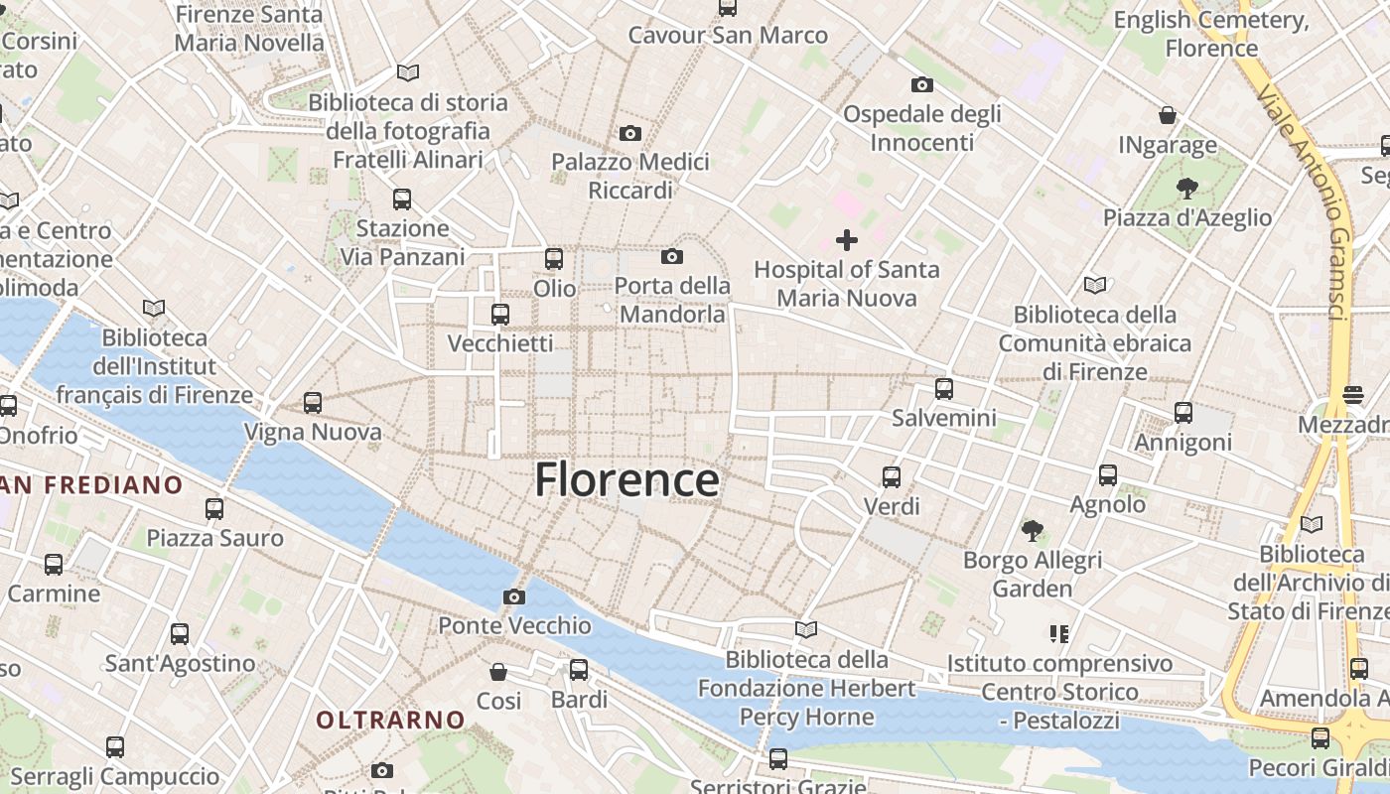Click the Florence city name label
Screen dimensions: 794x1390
626,480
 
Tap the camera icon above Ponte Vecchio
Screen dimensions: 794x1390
514,596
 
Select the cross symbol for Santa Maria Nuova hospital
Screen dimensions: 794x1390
847,239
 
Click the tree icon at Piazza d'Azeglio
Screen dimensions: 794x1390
1186,188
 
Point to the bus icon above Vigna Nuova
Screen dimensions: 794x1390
313,403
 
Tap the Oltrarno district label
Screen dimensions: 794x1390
390,720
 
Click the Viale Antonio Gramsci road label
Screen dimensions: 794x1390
1302,198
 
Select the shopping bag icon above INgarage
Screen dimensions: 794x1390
1168,115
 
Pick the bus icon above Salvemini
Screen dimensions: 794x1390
943,388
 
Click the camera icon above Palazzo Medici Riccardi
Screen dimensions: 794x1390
629,133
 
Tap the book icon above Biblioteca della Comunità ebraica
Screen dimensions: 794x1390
1094,286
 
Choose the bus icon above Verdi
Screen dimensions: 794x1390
892,477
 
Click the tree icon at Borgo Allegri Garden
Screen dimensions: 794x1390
1033,530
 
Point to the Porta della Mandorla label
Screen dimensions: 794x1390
672,300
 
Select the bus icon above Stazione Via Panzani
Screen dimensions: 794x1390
402,198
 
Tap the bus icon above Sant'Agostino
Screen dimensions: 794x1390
180,633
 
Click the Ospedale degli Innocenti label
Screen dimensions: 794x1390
922,128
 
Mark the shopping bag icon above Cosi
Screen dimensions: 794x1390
498,672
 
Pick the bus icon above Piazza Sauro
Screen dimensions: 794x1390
214,509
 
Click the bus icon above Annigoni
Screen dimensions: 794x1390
1182,413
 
